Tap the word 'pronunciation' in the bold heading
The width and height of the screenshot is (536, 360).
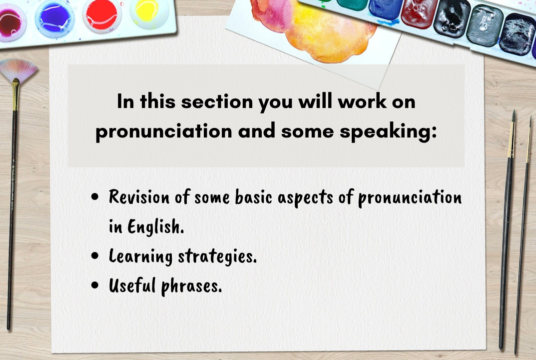click(164, 131)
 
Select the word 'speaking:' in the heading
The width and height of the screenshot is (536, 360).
click(388, 131)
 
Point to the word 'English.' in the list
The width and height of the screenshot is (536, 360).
click(156, 226)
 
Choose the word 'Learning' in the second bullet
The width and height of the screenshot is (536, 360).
click(140, 256)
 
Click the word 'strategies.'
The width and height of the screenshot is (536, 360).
click(217, 256)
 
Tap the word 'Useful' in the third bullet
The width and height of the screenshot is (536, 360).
click(132, 285)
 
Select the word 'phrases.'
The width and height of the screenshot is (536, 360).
click(192, 286)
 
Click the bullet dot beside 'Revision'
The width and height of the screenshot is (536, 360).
click(95, 197)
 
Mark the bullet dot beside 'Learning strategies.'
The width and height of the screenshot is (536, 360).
click(95, 256)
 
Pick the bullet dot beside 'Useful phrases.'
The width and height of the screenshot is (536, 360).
click(95, 285)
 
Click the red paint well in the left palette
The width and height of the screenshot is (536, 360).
click(101, 14)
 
